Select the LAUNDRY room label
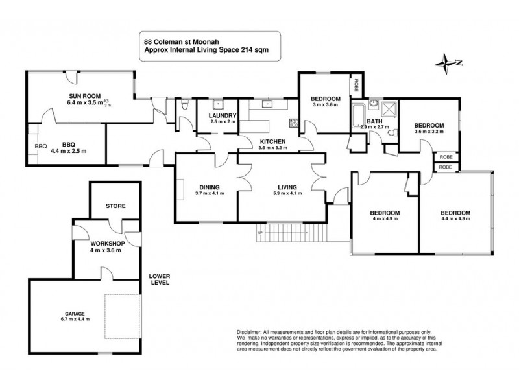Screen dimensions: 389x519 [x=223, y=116]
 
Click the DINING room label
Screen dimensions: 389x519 [x=210, y=188]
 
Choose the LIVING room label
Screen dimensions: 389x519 [x=282, y=188]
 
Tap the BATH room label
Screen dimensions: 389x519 [x=374, y=121]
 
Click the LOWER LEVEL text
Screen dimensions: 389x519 [x=158, y=277]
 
